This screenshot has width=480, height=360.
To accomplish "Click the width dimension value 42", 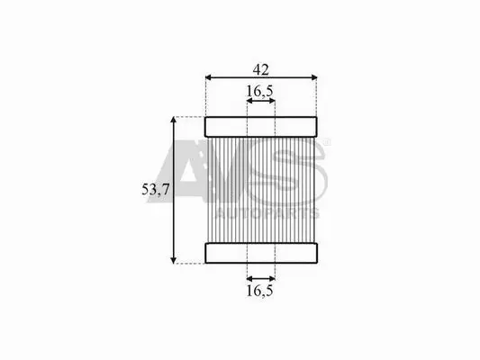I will (262, 67).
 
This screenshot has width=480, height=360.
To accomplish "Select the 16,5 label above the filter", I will (260, 90).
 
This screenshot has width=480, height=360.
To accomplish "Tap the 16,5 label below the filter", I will (260, 291).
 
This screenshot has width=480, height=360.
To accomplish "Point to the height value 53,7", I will (155, 189).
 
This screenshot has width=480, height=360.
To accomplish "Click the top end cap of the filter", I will (261, 126).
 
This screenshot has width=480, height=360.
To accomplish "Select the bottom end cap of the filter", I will (261, 253).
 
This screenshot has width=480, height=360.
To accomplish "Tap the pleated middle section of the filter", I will (261, 189).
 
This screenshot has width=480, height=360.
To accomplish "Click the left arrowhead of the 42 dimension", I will (209, 77).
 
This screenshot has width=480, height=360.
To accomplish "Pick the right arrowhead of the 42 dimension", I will (314, 77).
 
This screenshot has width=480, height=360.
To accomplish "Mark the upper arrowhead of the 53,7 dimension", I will (173, 121).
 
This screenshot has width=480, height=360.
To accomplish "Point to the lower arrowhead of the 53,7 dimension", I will (173, 259).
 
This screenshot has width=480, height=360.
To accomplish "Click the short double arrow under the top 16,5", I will (260, 102).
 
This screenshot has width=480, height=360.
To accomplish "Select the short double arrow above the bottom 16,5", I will (260, 278).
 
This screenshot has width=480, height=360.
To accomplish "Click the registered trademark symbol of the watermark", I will (326, 142).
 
